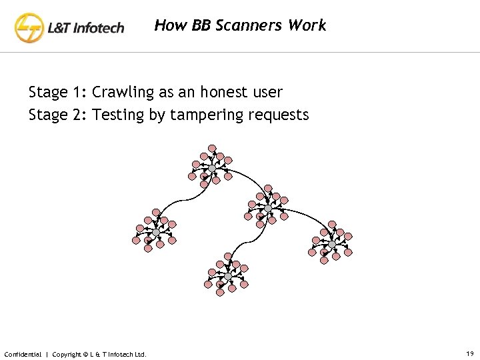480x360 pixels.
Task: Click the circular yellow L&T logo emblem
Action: [30, 29]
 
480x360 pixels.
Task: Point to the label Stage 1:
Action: [58, 92]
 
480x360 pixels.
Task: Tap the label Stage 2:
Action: [58, 115]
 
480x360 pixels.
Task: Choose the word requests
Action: [279, 115]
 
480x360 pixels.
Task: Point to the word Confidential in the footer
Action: [23, 354]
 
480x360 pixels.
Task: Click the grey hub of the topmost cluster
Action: [211, 169]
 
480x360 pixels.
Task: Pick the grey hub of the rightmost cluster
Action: [331, 245]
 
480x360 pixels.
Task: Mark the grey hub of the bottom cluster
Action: [227, 276]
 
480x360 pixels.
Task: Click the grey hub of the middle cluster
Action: [267, 209]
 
